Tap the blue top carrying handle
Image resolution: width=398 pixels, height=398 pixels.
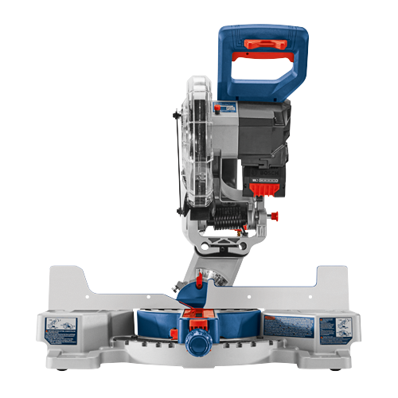pyautogui.click(x=263, y=36)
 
